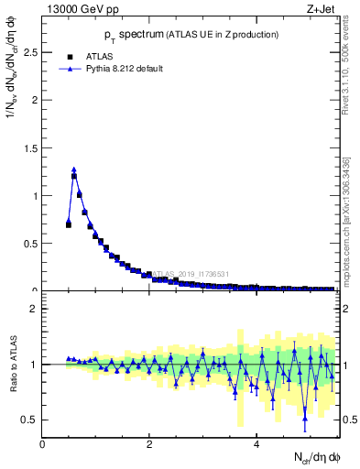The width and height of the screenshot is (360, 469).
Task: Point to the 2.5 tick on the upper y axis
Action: (30, 52)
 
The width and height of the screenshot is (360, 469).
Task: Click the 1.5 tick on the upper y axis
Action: (30, 147)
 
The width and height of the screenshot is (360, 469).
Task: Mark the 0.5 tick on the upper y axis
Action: (30, 243)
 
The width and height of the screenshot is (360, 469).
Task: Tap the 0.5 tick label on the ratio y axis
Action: (30, 420)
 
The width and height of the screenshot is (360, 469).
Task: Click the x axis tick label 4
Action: (257, 445)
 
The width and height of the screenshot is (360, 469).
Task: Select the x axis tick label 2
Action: (149, 445)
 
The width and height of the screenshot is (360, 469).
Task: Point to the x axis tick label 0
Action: (42, 445)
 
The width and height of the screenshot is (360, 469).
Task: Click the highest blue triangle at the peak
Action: (74, 169)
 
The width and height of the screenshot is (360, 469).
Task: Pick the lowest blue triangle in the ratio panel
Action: (305, 418)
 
